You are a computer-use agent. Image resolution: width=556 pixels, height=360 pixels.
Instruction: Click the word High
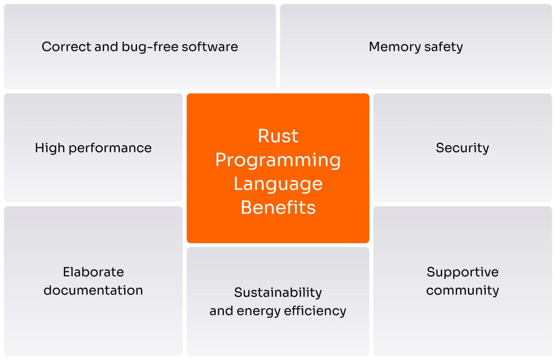50,148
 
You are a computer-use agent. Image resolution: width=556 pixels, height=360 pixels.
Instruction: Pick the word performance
110,148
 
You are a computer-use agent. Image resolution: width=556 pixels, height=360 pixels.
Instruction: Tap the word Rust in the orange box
278,136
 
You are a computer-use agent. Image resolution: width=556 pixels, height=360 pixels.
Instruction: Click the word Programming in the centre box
278,160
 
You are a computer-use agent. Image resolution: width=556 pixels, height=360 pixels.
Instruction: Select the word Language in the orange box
278,184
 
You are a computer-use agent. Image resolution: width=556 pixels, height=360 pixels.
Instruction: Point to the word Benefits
278,208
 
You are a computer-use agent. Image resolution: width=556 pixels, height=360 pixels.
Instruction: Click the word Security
462,148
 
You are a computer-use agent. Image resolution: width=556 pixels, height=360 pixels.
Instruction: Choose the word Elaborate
93,272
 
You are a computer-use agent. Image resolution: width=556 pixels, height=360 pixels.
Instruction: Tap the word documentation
93,290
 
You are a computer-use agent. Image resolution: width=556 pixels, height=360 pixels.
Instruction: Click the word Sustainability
278,293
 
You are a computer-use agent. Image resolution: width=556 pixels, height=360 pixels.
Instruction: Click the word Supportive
463,272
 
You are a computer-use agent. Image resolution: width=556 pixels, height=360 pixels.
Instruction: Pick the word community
463,290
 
